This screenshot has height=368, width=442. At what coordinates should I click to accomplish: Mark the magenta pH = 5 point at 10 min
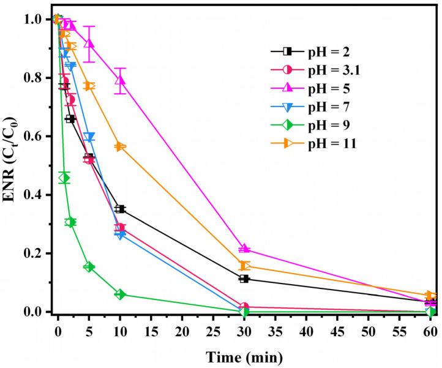coord(120,80)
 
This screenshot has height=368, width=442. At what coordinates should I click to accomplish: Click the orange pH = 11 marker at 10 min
coord(120,146)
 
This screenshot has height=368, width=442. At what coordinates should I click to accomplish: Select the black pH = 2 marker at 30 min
coord(244,279)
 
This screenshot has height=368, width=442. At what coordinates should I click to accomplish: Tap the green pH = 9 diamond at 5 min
coord(89,267)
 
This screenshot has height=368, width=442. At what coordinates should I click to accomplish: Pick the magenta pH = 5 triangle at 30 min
coord(244,249)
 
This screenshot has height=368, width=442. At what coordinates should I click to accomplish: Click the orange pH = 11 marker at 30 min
coord(244,266)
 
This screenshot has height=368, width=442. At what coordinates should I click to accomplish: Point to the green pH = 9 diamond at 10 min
coord(120,295)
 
